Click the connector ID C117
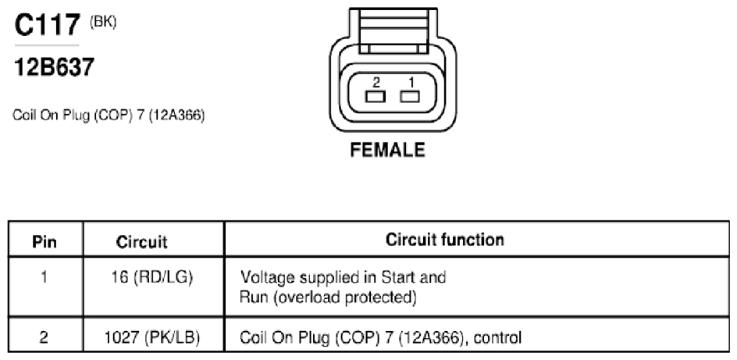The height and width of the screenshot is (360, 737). click(47, 24)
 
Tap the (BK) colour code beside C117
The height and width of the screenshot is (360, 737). click(103, 22)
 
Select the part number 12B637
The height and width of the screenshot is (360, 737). click(55, 66)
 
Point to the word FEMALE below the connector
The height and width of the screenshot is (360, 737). click(388, 150)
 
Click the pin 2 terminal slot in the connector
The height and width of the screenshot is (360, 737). click(375, 97)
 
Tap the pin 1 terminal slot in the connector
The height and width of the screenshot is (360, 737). click(409, 97)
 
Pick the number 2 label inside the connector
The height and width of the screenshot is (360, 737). click(376, 83)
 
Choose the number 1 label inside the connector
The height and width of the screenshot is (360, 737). click(411, 83)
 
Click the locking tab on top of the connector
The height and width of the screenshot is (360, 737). click(393, 29)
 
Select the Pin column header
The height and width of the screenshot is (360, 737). click(45, 242)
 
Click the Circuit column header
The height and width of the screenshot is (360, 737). click(141, 242)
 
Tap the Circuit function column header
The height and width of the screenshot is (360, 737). click(445, 240)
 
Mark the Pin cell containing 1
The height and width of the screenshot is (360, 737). click(44, 277)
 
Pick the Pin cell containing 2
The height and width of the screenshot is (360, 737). click(44, 338)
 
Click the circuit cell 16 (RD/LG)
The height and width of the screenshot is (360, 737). click(151, 277)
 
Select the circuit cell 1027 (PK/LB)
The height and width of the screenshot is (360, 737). click(151, 337)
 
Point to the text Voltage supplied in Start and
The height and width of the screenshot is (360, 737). click(343, 276)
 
